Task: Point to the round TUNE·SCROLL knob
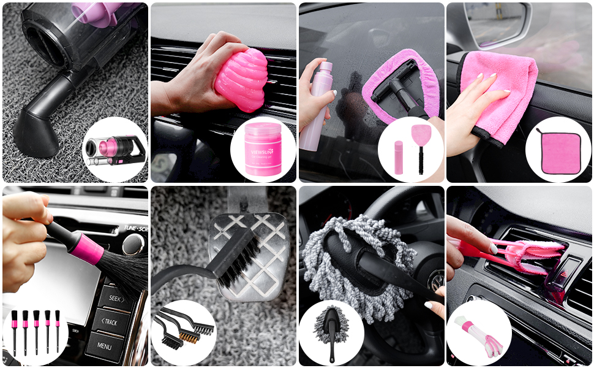click(133, 244)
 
